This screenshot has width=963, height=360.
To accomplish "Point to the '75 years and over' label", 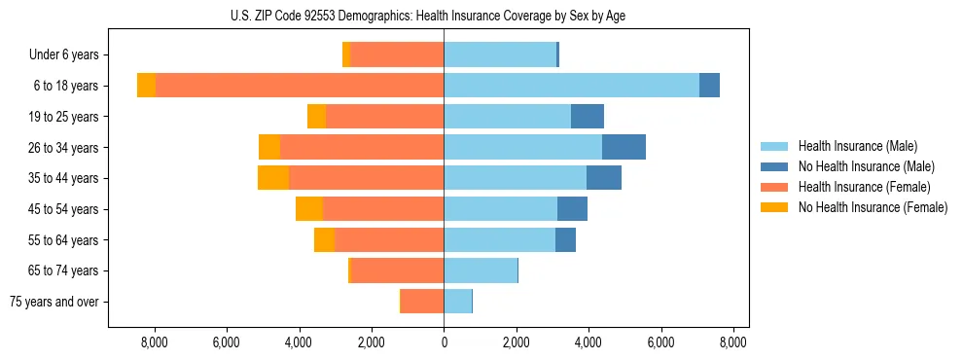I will pyautogui.click(x=54, y=302).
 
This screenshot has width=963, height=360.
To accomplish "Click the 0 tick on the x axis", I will pyautogui.click(x=444, y=342).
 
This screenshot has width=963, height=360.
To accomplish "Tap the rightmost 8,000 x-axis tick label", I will pyautogui.click(x=733, y=342).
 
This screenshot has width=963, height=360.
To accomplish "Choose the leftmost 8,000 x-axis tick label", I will pyautogui.click(x=154, y=342).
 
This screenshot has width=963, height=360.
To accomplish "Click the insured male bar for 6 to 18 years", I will pyautogui.click(x=571, y=86).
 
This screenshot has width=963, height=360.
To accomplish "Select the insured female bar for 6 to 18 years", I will pyautogui.click(x=300, y=86).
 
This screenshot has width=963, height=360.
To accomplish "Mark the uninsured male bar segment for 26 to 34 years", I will pyautogui.click(x=624, y=147).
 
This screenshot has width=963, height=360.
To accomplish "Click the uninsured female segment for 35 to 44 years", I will pyautogui.click(x=273, y=178).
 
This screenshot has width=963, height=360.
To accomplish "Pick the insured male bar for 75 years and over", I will pyautogui.click(x=457, y=302).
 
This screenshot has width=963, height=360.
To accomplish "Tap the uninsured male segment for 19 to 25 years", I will pyautogui.click(x=587, y=117).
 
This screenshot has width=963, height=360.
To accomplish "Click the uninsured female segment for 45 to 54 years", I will pyautogui.click(x=309, y=209).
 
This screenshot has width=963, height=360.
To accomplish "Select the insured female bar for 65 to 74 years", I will pyautogui.click(x=397, y=270).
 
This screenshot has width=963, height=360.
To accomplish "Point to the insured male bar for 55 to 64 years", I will pyautogui.click(x=499, y=239).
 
